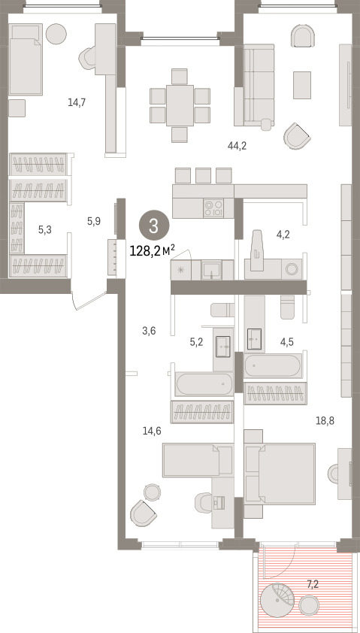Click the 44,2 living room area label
pyautogui.click(x=237, y=146)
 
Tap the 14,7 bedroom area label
pyautogui.click(x=76, y=102)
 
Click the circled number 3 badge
pyautogui.click(x=153, y=226)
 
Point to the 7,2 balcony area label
pyautogui.click(x=313, y=583)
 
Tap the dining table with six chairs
pyautogui.click(x=180, y=105)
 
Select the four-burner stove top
pyautogui.click(x=213, y=208)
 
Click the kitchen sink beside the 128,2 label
pyautogui.click(x=211, y=270)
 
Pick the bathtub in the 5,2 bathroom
pyautogui.click(x=204, y=383)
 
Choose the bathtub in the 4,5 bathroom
pyautogui.click(x=272, y=366)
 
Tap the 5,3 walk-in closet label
pyautogui.click(x=45, y=230)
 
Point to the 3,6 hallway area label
pyautogui.click(x=150, y=331)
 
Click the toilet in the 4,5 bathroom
pyautogui.click(x=288, y=309)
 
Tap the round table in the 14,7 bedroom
pyautogui.click(x=56, y=34)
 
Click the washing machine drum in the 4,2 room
pyautogui.click(x=292, y=268)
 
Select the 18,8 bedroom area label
pyautogui.click(x=325, y=421)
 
